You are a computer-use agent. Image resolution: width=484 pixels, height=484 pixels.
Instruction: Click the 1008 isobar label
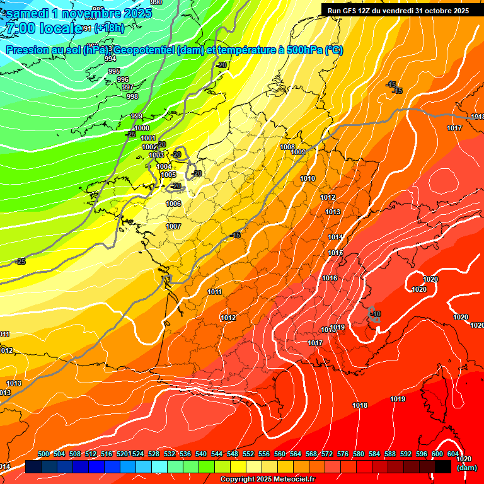[x=287, y=147]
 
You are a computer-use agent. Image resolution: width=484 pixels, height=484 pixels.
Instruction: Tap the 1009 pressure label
[x=299, y=152]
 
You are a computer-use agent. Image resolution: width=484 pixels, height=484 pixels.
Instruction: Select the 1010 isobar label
[x=308, y=179]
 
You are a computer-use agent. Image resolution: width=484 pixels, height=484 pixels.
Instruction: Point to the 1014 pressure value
[x=335, y=237]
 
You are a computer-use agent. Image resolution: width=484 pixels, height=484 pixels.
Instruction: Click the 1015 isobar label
[x=335, y=253]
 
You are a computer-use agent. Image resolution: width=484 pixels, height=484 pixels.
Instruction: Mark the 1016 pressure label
[x=330, y=278]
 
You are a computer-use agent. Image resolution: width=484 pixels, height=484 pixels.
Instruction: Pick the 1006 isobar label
[x=174, y=204]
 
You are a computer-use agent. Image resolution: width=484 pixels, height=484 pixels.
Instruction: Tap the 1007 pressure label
[x=173, y=226]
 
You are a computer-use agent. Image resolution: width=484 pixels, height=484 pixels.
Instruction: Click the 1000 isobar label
[x=142, y=128]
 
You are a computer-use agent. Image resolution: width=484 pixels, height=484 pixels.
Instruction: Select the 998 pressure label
[x=132, y=96]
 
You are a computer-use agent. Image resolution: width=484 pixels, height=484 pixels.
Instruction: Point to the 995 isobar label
[x=114, y=71]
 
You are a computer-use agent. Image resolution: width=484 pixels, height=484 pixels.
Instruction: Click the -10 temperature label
[x=376, y=314]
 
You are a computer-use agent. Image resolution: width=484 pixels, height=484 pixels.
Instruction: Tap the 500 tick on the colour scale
[x=43, y=454]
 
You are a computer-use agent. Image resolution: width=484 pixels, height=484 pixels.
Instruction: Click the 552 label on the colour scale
[x=248, y=454]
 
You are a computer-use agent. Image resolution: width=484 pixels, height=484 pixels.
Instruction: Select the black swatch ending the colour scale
[x=443, y=466]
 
